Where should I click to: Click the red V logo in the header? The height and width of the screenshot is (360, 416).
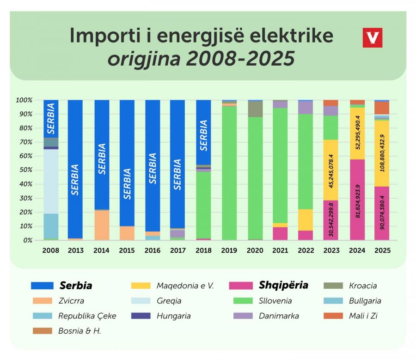coord(373,37)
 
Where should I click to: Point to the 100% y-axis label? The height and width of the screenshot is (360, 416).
coord(24,100)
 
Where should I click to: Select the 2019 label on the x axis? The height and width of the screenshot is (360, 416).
coord(229,250)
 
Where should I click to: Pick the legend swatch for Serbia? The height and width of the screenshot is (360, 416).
coord(42,286)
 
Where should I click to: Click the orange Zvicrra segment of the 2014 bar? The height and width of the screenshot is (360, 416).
coord(102,225)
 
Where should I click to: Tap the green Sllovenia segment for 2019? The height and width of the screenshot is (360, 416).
coord(229,171)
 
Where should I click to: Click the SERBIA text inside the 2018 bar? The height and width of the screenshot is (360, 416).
coord(204,135)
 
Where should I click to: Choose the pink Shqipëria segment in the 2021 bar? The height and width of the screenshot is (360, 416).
coord(280,233)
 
